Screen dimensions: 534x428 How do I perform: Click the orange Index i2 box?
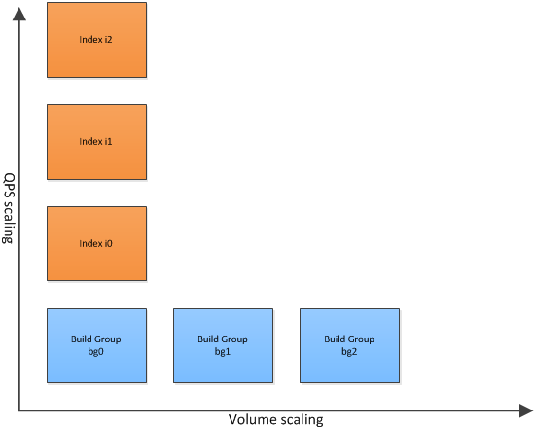(x=96, y=40)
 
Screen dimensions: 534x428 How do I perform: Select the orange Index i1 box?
(x=96, y=142)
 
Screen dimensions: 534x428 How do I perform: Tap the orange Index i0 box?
(x=96, y=244)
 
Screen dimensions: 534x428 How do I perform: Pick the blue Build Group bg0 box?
(x=96, y=346)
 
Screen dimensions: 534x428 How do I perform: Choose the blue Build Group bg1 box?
(x=223, y=346)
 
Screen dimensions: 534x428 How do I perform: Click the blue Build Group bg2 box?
(x=350, y=346)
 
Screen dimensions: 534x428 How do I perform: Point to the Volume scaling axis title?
(x=276, y=420)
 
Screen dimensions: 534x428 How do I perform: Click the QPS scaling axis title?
(x=9, y=208)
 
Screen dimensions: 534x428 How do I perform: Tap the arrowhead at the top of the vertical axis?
(x=19, y=14)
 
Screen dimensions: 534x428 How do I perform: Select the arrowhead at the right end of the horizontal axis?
(x=526, y=410)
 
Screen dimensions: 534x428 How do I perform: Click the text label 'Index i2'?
(x=95, y=40)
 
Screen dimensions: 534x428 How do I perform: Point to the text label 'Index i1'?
(x=95, y=141)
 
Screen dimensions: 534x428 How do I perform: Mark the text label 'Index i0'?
(x=95, y=243)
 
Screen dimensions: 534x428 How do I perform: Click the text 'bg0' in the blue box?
(x=95, y=352)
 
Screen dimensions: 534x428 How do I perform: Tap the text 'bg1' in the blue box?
(x=223, y=352)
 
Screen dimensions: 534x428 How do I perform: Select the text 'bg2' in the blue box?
(x=349, y=352)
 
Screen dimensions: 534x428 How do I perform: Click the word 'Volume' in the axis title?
(x=248, y=419)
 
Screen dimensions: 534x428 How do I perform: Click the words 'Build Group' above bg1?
(x=223, y=339)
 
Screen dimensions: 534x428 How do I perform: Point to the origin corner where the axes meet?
(x=19, y=410)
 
